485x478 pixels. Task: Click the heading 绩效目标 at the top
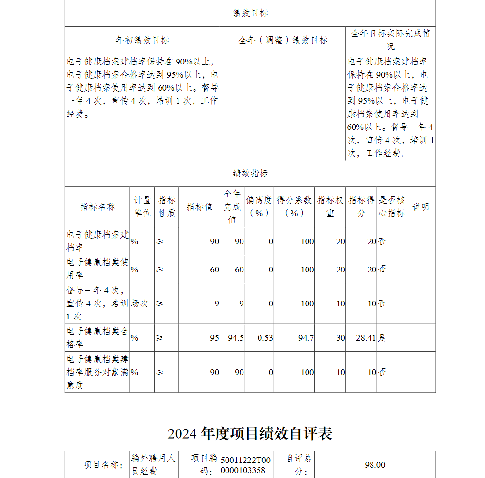(x=250, y=14)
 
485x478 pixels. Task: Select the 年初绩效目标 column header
(x=142, y=40)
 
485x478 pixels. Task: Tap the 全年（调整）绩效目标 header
(x=283, y=40)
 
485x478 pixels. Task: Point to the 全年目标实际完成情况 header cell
(x=390, y=40)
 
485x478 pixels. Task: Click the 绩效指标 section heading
(x=250, y=174)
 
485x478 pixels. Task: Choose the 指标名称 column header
(x=97, y=207)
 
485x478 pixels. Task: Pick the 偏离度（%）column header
(x=259, y=207)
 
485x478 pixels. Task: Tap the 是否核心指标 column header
(x=391, y=207)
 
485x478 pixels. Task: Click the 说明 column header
(x=420, y=207)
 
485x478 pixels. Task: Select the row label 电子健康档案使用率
(x=97, y=269)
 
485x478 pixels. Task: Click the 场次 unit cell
(x=140, y=303)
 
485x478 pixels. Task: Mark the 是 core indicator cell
(x=383, y=338)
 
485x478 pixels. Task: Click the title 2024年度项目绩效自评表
(x=250, y=433)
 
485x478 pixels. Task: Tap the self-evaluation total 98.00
(x=375, y=465)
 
